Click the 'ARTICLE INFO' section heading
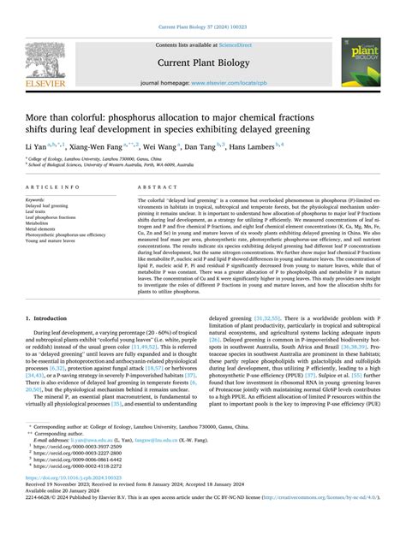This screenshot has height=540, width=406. tap(53, 186)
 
